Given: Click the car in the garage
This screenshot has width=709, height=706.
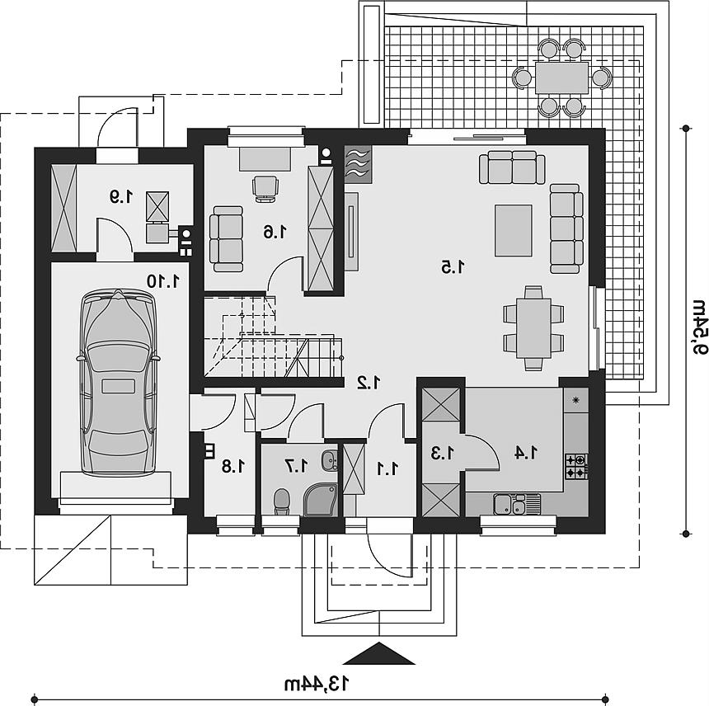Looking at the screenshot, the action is coord(119,381).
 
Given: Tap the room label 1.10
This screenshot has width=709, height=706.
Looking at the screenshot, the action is coord(163,281).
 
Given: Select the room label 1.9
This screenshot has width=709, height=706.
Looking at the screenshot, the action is coord(122,196).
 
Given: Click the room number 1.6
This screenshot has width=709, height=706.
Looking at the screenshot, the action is coord(275,232).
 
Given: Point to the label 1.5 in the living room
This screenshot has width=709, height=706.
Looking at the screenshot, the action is coord(453,267).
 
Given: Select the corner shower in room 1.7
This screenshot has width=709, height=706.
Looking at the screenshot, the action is coord(320,499).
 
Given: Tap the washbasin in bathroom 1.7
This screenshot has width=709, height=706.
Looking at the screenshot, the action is coord(330,461).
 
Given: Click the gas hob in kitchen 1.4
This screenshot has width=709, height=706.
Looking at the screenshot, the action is coord(576,466).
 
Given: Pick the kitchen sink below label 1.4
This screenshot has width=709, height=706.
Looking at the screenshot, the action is coord(517,504).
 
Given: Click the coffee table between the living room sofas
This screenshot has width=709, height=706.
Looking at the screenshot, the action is coord(514,230).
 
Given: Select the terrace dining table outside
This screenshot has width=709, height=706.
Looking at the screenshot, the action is coord(561,78).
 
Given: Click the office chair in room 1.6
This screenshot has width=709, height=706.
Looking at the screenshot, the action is coord(265,188).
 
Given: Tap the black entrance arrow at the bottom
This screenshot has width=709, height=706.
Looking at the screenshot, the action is coord(378,653).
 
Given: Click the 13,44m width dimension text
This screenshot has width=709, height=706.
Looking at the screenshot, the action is coord(317,684).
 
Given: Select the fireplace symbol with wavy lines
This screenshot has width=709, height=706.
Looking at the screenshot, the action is coord(358,164).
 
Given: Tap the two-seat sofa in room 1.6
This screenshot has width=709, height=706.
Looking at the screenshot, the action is coord(228,239).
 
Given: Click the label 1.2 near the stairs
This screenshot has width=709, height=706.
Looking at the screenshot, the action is coord(369,383).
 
